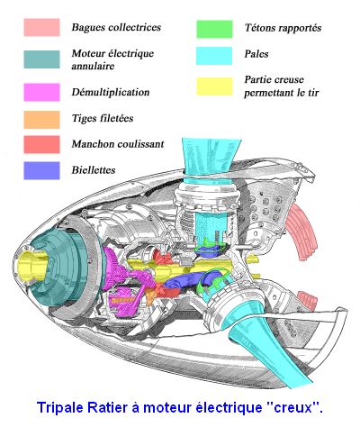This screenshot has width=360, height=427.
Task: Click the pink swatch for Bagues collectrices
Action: coord(41,28)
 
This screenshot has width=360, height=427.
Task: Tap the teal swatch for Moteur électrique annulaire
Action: coord(41,59)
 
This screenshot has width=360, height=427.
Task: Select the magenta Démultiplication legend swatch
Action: coord(41,92)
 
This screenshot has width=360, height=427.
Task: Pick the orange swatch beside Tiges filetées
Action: coord(41,120)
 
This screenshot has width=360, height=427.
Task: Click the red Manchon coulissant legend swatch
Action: coord(41,144)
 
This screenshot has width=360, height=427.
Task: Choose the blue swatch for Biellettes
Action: coord(41,170)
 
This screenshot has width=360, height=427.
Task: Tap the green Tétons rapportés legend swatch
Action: coord(214,29)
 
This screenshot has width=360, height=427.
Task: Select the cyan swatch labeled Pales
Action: coord(214,56)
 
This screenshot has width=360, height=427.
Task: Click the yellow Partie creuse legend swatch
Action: coord(214,86)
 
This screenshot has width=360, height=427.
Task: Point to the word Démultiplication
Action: coord(111,92)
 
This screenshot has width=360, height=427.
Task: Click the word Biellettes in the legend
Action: coord(94,170)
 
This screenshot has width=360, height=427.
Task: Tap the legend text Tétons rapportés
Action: coord(283,28)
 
